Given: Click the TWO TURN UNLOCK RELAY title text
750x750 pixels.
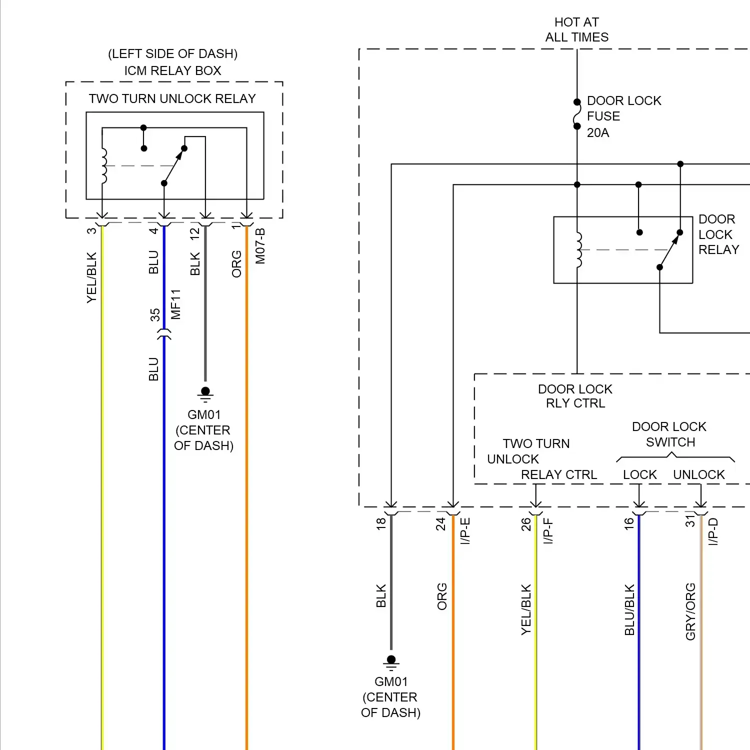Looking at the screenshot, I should pyautogui.click(x=172, y=98).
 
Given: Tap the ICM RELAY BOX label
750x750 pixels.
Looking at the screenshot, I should pyautogui.click(x=172, y=70).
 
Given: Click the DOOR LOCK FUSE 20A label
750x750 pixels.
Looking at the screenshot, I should pyautogui.click(x=623, y=116).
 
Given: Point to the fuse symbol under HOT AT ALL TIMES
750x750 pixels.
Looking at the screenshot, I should pyautogui.click(x=577, y=114).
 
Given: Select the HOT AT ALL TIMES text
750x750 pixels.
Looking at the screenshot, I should pyautogui.click(x=576, y=29).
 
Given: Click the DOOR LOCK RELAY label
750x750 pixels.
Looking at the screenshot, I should pyautogui.click(x=718, y=234).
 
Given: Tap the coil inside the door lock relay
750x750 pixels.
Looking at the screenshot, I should pyautogui.click(x=578, y=249).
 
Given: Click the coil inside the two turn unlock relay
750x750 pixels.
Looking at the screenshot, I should pyautogui.click(x=103, y=166).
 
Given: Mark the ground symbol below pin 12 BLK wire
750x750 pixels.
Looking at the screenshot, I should pyautogui.click(x=205, y=394).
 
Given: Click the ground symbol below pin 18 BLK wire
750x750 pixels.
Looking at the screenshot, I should pyautogui.click(x=391, y=662).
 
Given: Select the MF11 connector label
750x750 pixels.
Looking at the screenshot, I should pyautogui.click(x=175, y=304).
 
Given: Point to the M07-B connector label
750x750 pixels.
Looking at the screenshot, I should pyautogui.click(x=260, y=246).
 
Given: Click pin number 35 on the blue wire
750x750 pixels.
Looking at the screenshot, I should pyautogui.click(x=155, y=314).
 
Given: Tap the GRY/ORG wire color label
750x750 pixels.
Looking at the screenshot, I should pyautogui.click(x=690, y=611).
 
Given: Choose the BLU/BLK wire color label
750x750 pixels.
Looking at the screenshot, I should pyautogui.click(x=629, y=609).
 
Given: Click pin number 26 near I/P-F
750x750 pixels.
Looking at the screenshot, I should pyautogui.click(x=526, y=523).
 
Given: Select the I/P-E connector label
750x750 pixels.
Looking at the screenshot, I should pyautogui.click(x=465, y=530).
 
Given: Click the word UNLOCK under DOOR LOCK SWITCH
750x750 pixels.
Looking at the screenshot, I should pyautogui.click(x=698, y=474).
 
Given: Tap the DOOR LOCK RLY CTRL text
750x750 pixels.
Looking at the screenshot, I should pyautogui.click(x=575, y=396).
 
